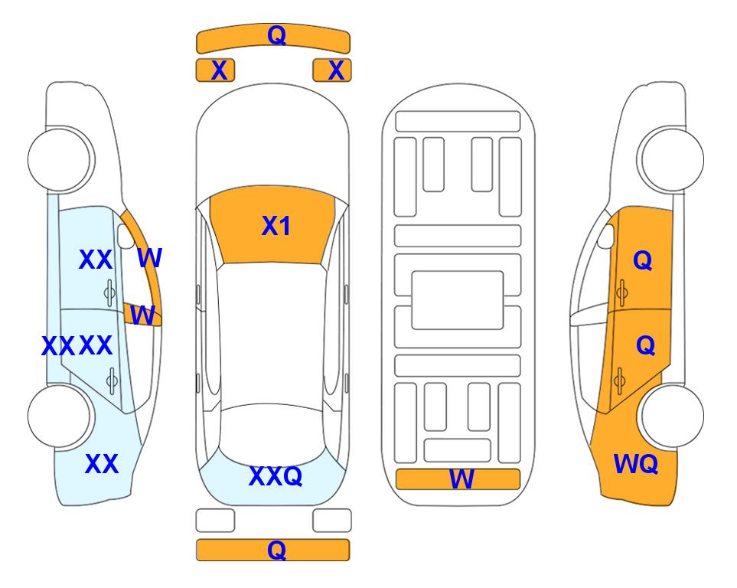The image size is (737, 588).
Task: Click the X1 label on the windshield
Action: pos(276,226)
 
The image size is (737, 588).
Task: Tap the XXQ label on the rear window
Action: pos(276,476)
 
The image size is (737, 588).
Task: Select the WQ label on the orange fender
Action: pos(636,464)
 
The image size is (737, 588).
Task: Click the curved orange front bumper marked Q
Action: pos(273,38)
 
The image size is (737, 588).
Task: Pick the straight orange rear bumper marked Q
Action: pos(273,550)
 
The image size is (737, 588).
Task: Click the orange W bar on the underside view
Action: pos(458,479)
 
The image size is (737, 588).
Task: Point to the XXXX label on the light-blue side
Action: pos(77,346)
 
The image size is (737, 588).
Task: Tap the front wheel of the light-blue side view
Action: pos(60,159)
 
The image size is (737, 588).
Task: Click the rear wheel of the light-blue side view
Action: pos(60,416)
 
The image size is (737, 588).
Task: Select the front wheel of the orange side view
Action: pos(672,159)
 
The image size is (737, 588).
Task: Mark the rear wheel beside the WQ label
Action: pos(672,416)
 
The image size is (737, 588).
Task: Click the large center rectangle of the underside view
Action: pos(458,300)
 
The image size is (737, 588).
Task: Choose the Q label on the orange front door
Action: pos(643,260)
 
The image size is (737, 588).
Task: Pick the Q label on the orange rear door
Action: pos(645,346)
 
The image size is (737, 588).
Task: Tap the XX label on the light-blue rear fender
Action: pos(102,464)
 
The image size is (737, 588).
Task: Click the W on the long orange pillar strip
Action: pos(150,258)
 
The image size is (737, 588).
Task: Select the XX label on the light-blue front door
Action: pos(96,260)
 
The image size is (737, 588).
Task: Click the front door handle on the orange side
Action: pos(621,292)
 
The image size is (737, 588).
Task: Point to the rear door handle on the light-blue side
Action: pos(112,381)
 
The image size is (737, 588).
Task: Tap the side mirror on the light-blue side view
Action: pos(125,236)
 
